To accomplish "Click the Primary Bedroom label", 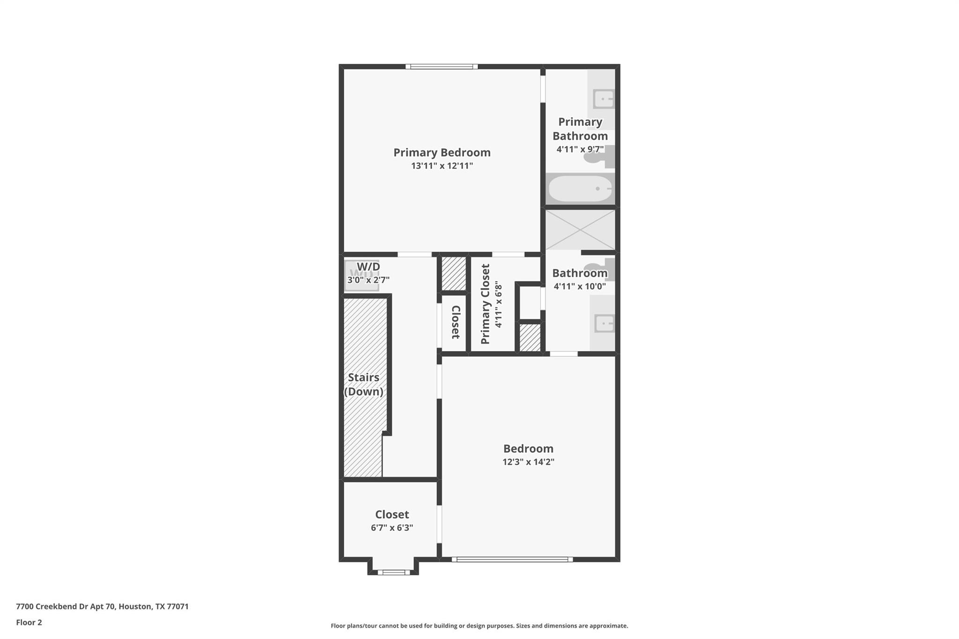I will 442,152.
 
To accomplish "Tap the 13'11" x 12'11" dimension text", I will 442,166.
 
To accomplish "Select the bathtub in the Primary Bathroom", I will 580,189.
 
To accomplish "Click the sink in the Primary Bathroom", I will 603,99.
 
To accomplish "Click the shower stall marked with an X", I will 580,230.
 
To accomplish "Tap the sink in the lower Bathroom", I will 604,323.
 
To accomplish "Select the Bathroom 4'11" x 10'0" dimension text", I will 579,286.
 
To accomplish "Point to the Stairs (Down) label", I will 363,384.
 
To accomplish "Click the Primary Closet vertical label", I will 485,304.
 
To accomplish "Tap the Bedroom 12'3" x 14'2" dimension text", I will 528,462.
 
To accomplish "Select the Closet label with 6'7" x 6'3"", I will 392,514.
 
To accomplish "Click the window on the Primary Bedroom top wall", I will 442,66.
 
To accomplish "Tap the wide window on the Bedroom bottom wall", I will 512,559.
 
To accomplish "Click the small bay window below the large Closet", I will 393,572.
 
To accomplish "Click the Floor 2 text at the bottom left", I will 29,622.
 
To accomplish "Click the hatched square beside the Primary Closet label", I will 454,273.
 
